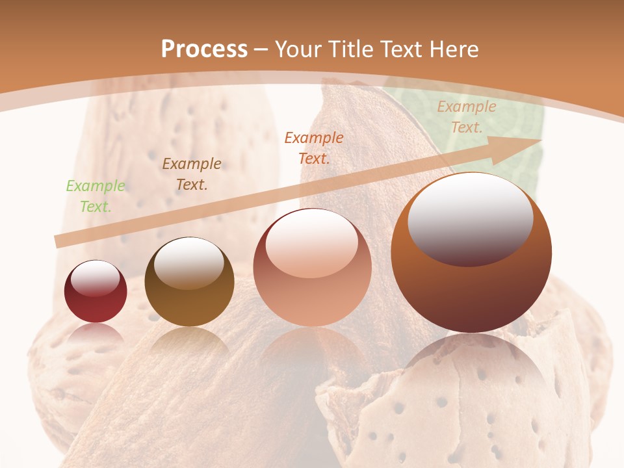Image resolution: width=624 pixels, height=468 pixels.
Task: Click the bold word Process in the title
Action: coord(204,49)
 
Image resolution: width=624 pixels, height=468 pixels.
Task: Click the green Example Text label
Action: coord(96,196)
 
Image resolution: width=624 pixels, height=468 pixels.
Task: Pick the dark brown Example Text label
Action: coord(192,174)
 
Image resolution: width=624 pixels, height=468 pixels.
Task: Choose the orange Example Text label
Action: coord(314,148)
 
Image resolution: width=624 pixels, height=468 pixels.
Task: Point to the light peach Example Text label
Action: coord(466,117)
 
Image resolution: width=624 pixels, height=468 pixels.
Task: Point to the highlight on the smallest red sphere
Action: coord(96,278)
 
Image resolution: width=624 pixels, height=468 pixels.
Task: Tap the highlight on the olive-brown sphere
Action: coord(188,262)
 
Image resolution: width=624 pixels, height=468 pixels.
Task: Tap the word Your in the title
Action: coord(300,49)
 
